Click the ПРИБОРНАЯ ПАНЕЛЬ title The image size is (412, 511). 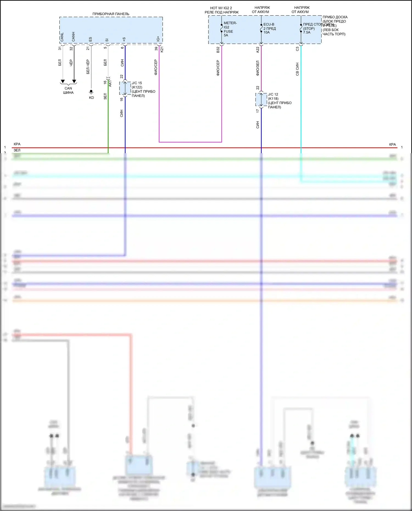(111, 14)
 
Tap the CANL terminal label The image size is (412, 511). (62, 37)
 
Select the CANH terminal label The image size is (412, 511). (73, 37)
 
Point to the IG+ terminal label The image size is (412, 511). (158, 39)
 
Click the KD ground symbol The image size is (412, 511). (91, 92)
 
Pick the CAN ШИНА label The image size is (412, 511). (68, 90)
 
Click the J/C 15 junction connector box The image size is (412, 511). (125, 88)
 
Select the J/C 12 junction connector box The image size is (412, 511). (261, 100)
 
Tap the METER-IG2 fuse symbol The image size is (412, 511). (222, 28)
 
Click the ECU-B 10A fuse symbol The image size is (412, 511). (261, 28)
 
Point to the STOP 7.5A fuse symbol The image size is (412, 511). (301, 28)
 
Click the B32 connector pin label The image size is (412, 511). (218, 50)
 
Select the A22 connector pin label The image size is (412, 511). (258, 50)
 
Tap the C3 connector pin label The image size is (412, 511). (297, 49)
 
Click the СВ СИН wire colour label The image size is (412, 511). (297, 69)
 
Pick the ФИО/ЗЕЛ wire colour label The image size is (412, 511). (258, 68)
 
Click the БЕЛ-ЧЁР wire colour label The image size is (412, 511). (88, 67)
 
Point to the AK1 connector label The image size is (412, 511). (110, 83)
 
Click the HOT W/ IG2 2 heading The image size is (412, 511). (221, 8)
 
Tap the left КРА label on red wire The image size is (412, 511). (17, 144)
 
